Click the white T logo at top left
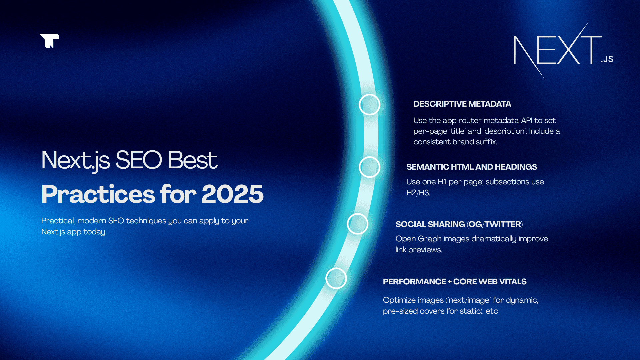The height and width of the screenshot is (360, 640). click(49, 40)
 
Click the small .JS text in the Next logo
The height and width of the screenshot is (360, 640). click(607, 59)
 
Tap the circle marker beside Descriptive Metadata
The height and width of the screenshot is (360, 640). click(369, 105)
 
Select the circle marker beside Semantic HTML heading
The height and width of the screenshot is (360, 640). click(369, 167)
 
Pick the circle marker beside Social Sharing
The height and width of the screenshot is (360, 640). click(357, 224)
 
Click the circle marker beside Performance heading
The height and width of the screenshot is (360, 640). click(336, 278)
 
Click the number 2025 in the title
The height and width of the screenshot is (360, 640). click(232, 194)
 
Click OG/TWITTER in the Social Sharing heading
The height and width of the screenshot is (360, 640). click(495, 224)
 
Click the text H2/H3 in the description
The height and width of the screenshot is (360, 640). click(418, 193)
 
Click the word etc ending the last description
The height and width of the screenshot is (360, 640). click(492, 311)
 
